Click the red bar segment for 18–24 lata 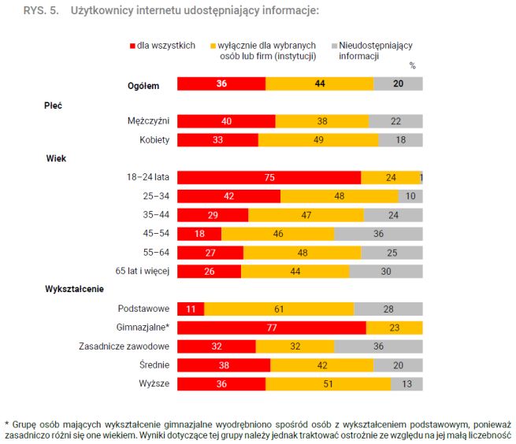coord(269,178)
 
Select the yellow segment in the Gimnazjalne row coord(395,327)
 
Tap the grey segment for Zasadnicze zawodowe coord(378,346)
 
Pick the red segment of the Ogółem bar coord(221,83)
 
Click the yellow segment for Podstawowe coord(279,309)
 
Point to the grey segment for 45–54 coord(378,234)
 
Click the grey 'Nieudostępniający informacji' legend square coord(334,46)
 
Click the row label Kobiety coord(154,140)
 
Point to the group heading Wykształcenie coord(75,290)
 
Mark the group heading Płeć coord(54,104)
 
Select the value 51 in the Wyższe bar coord(329,384)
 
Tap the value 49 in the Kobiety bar coord(317,140)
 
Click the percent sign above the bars coord(413,66)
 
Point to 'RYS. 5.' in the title coord(39,11)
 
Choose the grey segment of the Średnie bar coord(398,365)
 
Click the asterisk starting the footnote coord(6,424)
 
